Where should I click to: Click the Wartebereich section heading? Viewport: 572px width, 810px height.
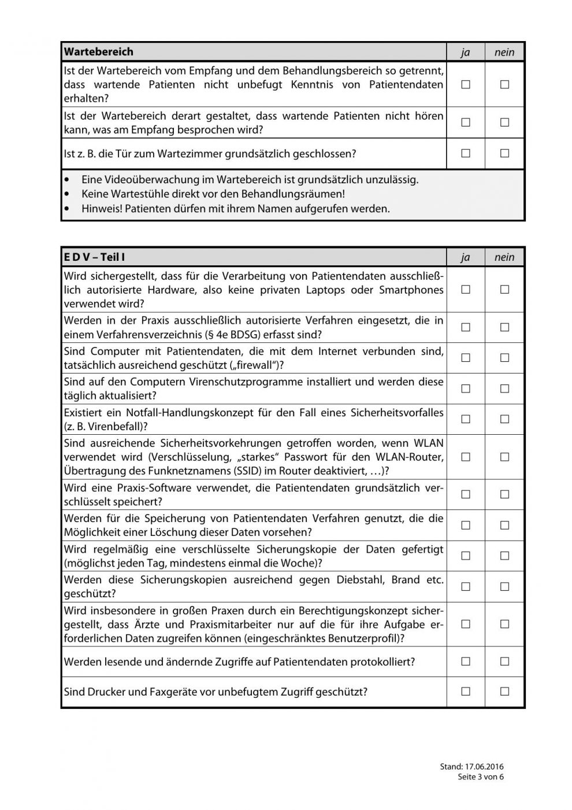pos(99,52)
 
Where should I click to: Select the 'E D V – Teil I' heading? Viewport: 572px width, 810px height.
pos(94,257)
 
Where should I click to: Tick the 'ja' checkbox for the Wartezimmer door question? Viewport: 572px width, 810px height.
pos(466,154)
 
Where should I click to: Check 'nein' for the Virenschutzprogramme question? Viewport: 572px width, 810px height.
pos(504,389)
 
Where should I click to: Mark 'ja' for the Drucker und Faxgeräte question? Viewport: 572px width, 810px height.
pos(466,691)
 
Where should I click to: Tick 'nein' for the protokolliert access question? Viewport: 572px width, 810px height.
pos(504,661)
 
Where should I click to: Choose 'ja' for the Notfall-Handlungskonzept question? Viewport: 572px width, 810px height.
pos(466,419)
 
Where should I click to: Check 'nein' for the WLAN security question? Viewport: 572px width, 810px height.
pos(504,457)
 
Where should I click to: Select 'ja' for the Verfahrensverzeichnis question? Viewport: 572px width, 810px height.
pos(466,327)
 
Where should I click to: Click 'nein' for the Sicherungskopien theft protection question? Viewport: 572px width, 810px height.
pos(504,586)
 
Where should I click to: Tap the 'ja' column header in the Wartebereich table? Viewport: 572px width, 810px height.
pos(466,53)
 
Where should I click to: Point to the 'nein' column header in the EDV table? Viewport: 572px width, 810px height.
pos(504,258)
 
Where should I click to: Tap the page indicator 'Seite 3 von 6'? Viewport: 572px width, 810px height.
pos(481,777)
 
